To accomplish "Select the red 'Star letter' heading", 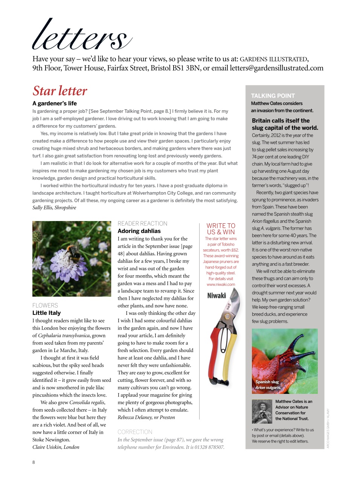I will point(60,91).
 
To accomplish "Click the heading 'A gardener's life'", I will point(55,103).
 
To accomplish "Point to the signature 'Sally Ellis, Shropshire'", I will point(54,207).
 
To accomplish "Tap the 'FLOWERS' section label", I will point(45,305).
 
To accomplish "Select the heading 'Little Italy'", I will point(46,313).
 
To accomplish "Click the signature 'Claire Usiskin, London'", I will point(56,447).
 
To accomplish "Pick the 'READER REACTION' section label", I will point(142,223).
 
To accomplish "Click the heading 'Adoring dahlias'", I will point(139,231).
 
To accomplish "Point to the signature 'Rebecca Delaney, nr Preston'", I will point(146,417).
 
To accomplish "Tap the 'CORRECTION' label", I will point(135,432).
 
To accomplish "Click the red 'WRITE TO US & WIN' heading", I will point(221,229).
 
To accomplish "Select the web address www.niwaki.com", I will point(221,285).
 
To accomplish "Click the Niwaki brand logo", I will point(217,296).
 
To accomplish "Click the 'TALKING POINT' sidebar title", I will point(273,96).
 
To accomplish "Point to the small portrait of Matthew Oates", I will point(262,411).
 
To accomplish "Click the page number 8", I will point(34,462).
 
